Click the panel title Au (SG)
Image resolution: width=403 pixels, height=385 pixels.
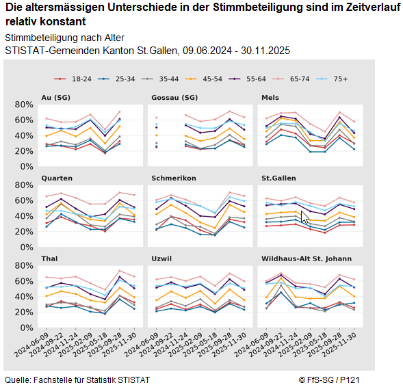tap(56, 97)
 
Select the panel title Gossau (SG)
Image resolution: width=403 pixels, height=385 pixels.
tap(174, 97)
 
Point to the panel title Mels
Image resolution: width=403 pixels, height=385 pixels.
tap(270, 97)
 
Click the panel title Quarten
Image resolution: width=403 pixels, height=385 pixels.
tap(57, 178)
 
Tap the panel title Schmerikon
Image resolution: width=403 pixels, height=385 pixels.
tap(174, 178)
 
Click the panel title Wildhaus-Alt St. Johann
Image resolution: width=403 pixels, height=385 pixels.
tap(307, 258)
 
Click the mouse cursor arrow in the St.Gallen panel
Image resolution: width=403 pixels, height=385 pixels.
tap(305, 217)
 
